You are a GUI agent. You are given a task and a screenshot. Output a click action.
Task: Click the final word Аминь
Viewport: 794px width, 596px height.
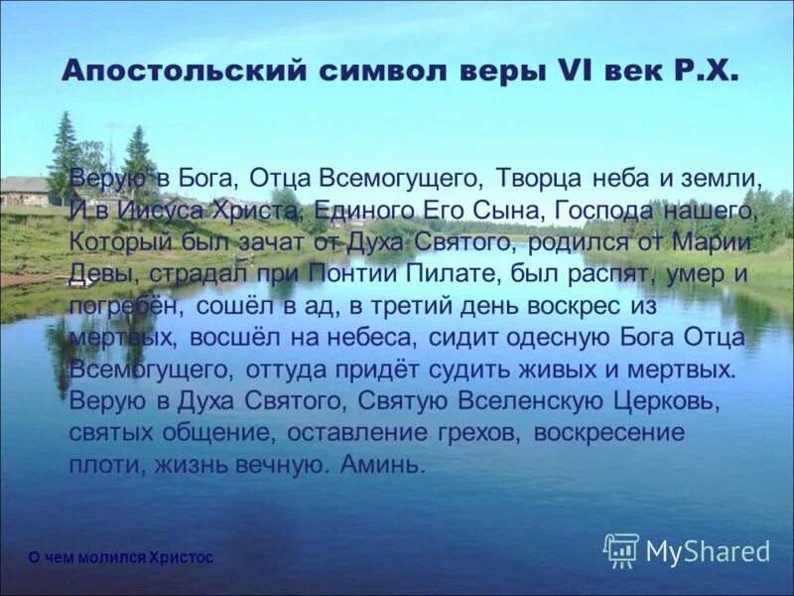(381, 465)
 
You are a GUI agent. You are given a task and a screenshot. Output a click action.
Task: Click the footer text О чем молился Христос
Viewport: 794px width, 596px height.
(120, 558)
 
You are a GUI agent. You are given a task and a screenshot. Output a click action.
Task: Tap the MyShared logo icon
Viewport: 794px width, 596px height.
(621, 550)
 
